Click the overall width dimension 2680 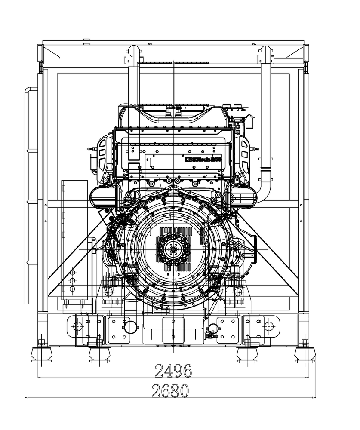[x=170, y=390]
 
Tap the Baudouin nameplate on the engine [x=202, y=159]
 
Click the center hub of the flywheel [x=173, y=249]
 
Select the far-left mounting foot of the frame [x=41, y=355]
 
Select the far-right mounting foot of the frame [x=305, y=355]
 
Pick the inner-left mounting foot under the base [x=99, y=355]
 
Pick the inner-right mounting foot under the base [x=247, y=355]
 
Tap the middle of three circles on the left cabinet [x=72, y=280]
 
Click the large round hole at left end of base [x=77, y=326]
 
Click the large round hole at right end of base [x=269, y=326]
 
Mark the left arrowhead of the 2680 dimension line [x=26, y=397]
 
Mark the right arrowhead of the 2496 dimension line [x=307, y=378]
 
